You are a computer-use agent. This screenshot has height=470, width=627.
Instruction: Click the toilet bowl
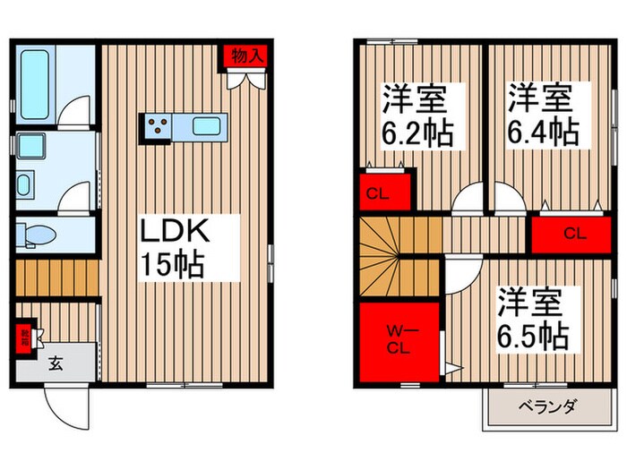click(38, 235)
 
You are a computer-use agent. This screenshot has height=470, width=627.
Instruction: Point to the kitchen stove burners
click(159, 126)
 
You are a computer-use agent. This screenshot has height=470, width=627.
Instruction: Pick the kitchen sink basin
click(210, 125)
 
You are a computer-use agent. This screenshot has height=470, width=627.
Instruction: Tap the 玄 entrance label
click(55, 363)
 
